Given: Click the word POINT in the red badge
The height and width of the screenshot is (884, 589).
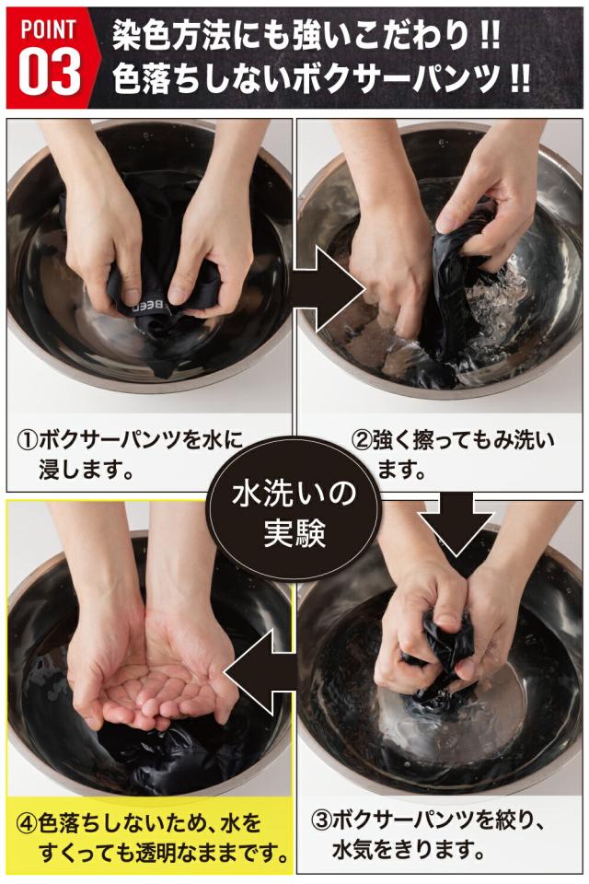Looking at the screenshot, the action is point(48,29).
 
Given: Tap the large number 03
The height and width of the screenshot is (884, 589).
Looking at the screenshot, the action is point(50,72).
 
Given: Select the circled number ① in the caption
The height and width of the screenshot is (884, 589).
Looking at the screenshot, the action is point(28,440).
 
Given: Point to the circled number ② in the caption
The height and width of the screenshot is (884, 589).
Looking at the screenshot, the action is point(362,440).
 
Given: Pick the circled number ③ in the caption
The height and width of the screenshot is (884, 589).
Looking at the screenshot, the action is point(322,820).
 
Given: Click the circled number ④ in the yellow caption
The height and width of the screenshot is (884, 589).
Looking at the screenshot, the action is point(28,823).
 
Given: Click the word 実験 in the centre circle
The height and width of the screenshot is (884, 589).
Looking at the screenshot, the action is point(294,531).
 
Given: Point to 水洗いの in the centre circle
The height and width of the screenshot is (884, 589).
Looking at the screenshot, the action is point(294,493).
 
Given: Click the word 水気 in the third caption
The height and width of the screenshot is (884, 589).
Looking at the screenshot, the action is point(352,848).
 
